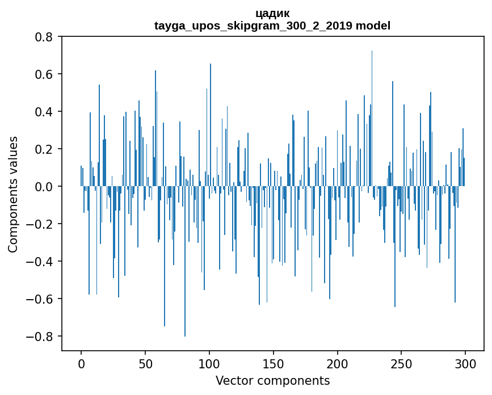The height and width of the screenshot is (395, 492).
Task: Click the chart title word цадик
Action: (x=272, y=13)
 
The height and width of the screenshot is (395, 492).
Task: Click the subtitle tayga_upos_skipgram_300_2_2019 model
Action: (x=272, y=26)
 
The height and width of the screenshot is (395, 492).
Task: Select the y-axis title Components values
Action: (x=13, y=194)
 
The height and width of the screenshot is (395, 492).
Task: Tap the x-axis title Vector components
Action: (x=272, y=380)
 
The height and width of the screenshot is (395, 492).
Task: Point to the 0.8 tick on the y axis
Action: (x=45, y=37)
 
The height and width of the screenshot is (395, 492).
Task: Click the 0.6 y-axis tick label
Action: (x=45, y=74)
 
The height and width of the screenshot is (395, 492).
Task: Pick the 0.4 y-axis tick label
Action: (x=45, y=112)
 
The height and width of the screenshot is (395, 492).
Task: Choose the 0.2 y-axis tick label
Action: (x=45, y=149)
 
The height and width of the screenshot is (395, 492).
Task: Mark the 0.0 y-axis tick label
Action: (x=45, y=187)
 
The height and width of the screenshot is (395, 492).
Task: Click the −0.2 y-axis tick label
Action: (x=41, y=224)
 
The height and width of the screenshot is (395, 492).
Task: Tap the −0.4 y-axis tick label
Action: (x=41, y=262)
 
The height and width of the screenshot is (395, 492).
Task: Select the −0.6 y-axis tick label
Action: (x=41, y=299)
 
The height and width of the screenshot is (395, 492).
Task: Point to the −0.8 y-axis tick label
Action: (x=41, y=337)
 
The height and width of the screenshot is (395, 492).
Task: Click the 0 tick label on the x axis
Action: (x=81, y=363)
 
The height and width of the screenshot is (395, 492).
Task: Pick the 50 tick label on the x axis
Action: (x=145, y=363)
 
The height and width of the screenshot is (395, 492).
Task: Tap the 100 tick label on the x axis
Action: (x=209, y=363)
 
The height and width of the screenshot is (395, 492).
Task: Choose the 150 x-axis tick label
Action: (x=274, y=363)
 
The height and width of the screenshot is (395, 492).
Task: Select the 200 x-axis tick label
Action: (x=338, y=363)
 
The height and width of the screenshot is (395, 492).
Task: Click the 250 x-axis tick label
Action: (x=401, y=363)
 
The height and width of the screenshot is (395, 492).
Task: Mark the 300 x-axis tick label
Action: (x=465, y=363)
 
